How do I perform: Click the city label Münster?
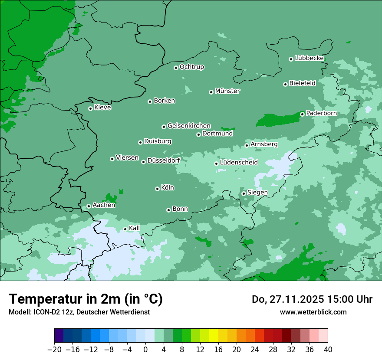tap(227, 91)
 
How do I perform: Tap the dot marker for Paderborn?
tap(302, 114)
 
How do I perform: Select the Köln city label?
tap(168, 188)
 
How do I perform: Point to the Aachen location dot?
tap(89, 206)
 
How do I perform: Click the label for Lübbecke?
tap(309, 58)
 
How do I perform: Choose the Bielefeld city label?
tap(302, 83)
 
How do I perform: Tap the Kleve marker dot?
tap(90, 108)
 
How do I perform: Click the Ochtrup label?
tap(191, 67)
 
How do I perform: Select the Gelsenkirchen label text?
tap(189, 126)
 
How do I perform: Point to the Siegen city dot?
tap(244, 193)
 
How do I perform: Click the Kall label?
tap(135, 228)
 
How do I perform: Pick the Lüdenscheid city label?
tap(239, 163)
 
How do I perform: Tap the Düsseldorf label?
tap(164, 160)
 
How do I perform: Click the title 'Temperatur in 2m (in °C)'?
tap(86, 299)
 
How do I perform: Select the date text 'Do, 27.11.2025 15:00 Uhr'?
tap(312, 299)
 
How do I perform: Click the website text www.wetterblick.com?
tap(313, 312)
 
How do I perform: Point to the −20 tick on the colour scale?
tap(55, 350)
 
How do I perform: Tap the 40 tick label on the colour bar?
tap(328, 350)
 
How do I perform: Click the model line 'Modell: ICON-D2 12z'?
tap(79, 312)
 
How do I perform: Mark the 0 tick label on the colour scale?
tap(145, 350)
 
